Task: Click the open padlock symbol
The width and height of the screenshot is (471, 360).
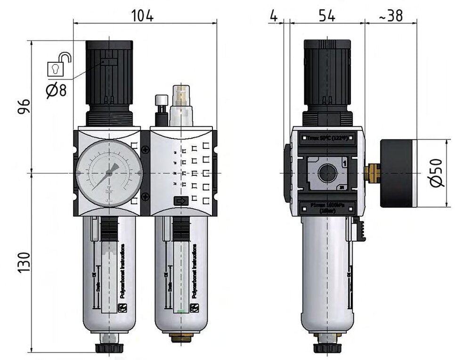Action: point(58,65)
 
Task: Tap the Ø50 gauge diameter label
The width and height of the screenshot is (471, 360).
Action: point(437,173)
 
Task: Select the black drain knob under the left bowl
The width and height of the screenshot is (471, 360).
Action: point(109,348)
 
